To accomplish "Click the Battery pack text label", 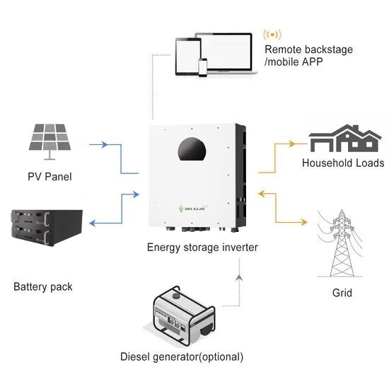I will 43,287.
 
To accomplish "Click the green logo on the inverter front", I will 189,207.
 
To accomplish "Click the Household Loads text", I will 343,163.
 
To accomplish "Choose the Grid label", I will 342,293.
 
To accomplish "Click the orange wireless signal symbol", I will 270,35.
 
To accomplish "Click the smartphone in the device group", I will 202,66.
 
